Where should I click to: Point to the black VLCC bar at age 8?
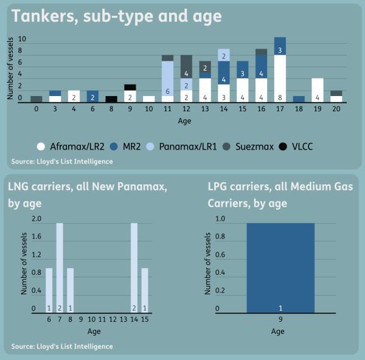tap(111, 99)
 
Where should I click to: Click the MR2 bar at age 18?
tap(299, 99)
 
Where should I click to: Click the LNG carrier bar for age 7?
tap(60, 268)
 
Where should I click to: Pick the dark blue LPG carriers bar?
tap(280, 268)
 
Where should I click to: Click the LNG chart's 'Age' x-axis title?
tap(94, 331)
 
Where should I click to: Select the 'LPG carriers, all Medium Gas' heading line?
tap(280, 187)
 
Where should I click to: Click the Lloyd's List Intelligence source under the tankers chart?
tap(61, 162)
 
